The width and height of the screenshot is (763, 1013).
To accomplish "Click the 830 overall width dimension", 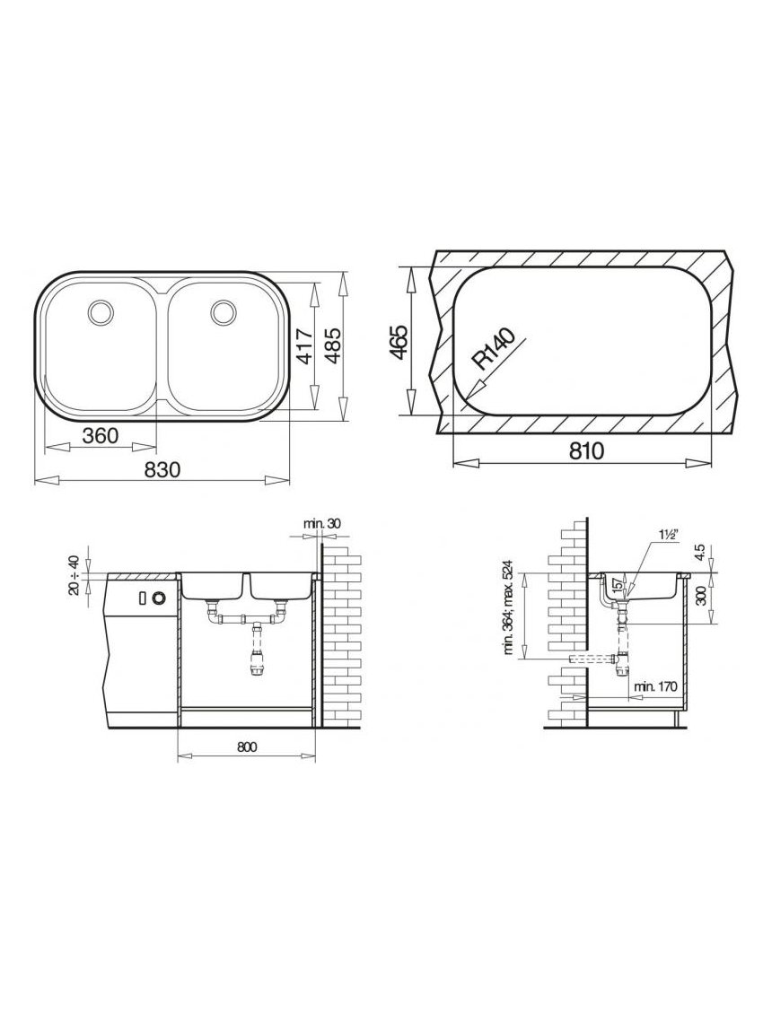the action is [161, 470].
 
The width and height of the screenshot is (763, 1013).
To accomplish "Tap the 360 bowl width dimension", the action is [101, 436].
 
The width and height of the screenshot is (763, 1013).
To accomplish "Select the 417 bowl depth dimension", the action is [304, 346].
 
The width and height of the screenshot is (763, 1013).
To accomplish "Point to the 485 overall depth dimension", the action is [333, 346].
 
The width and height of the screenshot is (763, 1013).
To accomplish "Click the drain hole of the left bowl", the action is [101, 311].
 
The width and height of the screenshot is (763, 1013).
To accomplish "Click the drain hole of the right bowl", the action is [224, 311].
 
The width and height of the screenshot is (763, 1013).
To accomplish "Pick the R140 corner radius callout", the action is [495, 350].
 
